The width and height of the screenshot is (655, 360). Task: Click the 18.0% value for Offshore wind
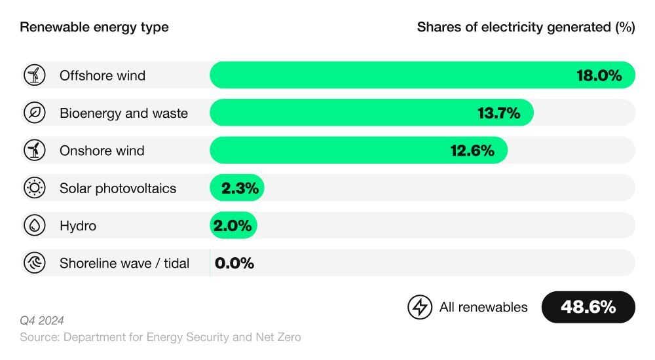click(599, 75)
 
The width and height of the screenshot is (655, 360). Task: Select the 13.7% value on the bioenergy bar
click(498, 113)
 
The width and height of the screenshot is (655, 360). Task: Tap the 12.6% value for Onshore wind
click(472, 151)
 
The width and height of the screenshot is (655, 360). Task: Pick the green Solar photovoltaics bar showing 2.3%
click(237, 189)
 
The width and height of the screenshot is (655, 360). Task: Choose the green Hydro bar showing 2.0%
click(233, 226)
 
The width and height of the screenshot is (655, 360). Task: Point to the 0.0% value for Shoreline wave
click(234, 263)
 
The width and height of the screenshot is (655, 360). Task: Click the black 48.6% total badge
click(588, 307)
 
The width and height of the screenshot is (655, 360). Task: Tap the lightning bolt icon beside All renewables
click(420, 307)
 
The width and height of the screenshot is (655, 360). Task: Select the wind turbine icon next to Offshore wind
click(35, 75)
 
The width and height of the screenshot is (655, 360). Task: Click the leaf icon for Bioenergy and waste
click(35, 113)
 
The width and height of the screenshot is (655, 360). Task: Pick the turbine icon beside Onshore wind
click(35, 151)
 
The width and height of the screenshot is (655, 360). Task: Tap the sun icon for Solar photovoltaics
click(35, 189)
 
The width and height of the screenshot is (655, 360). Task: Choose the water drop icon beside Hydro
click(35, 226)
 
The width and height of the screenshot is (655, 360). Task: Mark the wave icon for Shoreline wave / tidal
click(35, 263)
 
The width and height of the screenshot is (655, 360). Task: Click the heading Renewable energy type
click(94, 27)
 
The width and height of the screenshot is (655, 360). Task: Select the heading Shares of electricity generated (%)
click(526, 27)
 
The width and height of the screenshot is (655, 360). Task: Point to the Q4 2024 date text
click(42, 320)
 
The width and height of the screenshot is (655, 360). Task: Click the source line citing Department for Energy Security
click(160, 337)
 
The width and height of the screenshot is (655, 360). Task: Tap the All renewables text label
click(483, 307)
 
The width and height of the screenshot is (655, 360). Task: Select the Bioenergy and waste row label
click(124, 113)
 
